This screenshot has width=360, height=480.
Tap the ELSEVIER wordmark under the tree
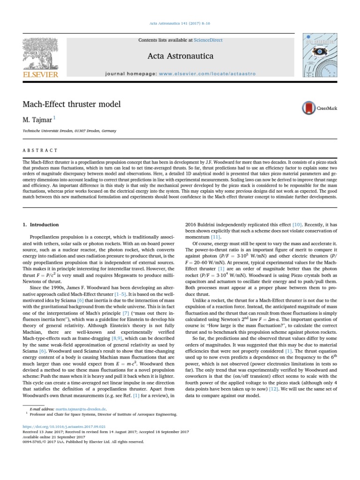(x=40, y=74)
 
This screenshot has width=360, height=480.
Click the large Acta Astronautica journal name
(x=180, y=56)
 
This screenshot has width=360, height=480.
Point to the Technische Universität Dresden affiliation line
(x=69, y=131)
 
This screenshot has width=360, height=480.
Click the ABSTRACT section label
(x=40, y=150)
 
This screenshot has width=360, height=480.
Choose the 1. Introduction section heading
(x=41, y=225)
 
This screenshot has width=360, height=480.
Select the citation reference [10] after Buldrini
(x=285, y=225)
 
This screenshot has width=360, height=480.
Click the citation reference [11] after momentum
(x=215, y=238)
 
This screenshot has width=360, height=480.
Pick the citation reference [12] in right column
(x=274, y=389)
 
